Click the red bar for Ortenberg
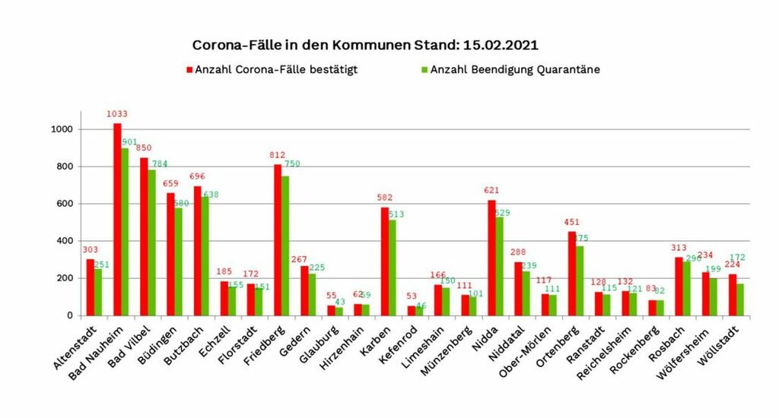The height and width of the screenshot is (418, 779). tap(572, 274)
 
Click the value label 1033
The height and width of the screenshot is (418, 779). tap(116, 115)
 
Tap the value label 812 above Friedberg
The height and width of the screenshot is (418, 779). tap(278, 156)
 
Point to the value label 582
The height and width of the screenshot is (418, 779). tap(384, 198)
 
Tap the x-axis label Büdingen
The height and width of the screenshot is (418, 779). tap(164, 346)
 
